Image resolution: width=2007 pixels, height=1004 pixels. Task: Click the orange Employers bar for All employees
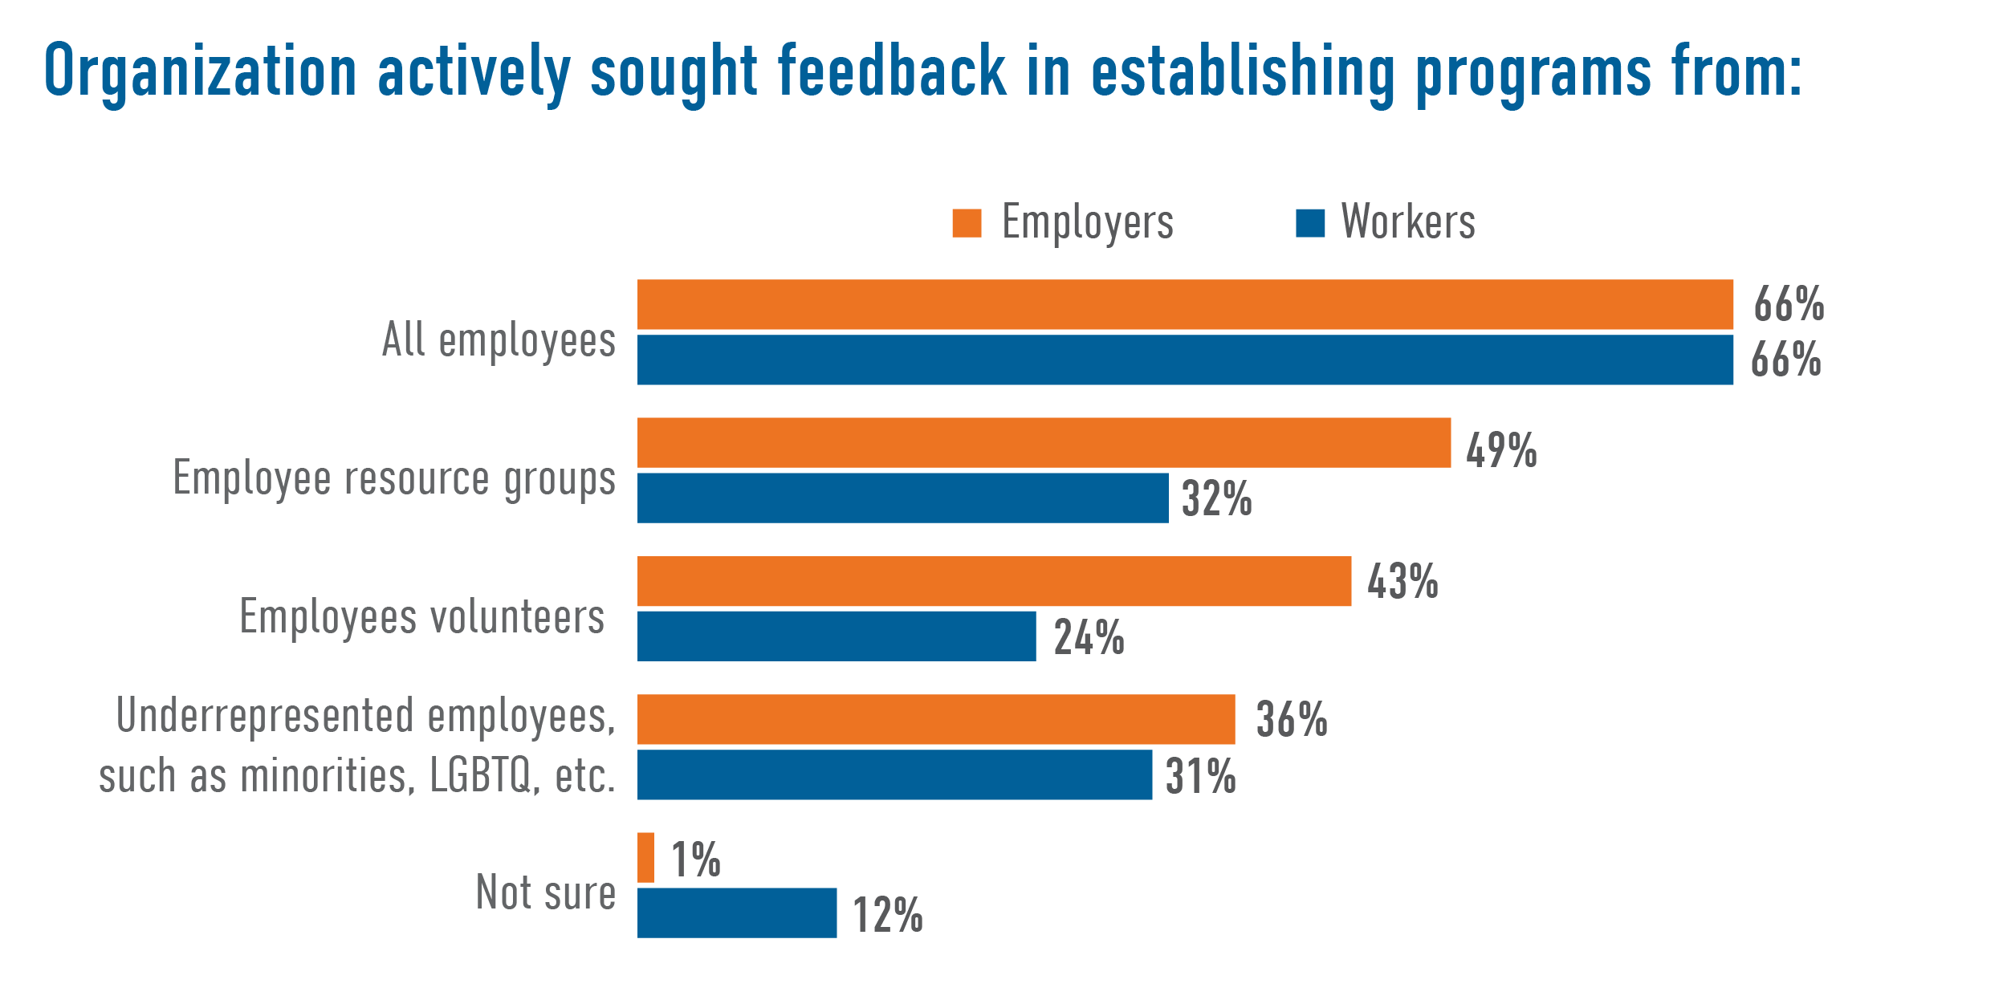(1185, 304)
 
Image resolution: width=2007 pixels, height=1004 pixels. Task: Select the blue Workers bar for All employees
(1185, 360)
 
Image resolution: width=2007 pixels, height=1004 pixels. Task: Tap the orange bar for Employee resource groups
(1044, 442)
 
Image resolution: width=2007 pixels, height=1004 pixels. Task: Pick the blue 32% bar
(902, 498)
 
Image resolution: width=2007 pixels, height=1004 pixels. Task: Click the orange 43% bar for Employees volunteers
(994, 581)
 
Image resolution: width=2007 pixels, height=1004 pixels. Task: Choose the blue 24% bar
(837, 636)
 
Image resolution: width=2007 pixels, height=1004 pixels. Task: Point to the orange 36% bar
(936, 719)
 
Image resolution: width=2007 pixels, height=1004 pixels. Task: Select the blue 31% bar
(894, 774)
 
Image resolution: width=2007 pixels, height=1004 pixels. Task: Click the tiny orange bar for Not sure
(645, 858)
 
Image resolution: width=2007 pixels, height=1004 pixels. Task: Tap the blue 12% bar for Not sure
(737, 913)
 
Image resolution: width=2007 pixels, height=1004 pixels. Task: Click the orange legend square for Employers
(967, 223)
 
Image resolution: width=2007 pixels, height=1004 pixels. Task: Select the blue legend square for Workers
(1309, 223)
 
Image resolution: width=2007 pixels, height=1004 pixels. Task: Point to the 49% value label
(1501, 450)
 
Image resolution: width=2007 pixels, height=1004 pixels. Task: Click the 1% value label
(695, 860)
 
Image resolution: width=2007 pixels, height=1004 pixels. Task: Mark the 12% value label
(887, 916)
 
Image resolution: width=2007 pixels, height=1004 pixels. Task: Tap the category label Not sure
(546, 892)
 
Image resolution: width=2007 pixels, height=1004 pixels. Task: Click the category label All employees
(499, 341)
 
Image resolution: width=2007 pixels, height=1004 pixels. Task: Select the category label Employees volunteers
(422, 618)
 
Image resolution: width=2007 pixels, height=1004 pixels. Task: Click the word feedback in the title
(891, 72)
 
